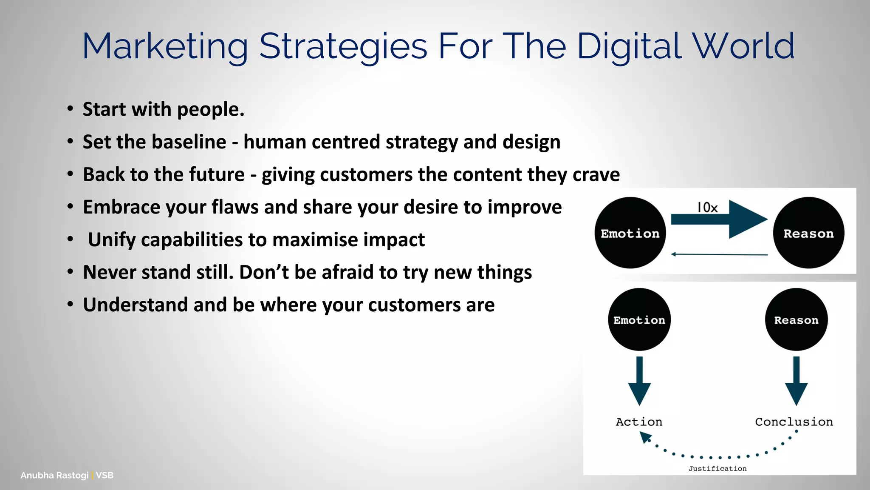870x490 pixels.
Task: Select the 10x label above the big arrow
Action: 707,208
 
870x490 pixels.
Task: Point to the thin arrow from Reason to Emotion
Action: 719,254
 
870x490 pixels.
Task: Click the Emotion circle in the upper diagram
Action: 630,233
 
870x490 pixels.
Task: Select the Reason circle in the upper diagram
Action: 808,233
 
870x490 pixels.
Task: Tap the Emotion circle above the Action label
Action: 639,319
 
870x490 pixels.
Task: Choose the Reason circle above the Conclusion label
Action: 796,319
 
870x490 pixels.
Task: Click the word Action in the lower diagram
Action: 639,422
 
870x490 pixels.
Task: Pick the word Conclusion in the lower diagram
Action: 794,422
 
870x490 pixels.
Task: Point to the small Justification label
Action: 717,468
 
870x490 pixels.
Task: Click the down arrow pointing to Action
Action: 639,381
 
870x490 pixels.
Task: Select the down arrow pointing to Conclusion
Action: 796,381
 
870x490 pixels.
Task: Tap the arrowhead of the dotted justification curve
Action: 645,437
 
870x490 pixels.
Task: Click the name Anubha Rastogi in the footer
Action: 54,475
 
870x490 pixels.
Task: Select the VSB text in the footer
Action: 105,475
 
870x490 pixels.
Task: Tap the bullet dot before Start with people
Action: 70,109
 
